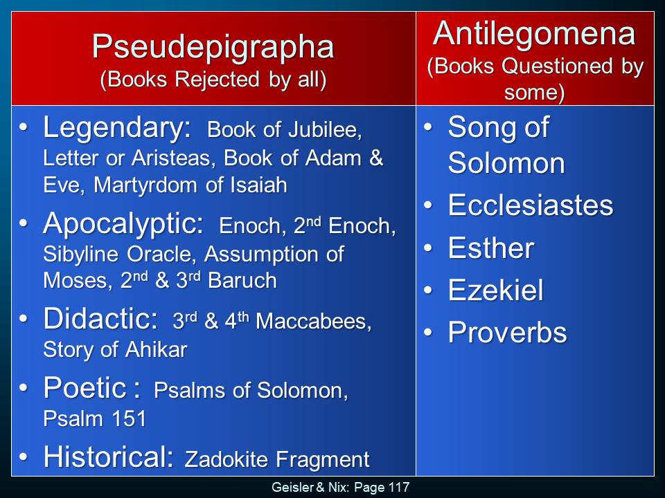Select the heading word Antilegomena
[x=534, y=34]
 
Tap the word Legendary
[x=116, y=129]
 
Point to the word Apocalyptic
[x=123, y=224]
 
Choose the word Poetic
[x=85, y=387]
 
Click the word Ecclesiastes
[x=531, y=205]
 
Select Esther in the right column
[x=491, y=248]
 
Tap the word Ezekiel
[x=495, y=290]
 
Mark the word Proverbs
[x=507, y=332]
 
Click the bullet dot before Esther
[x=428, y=248]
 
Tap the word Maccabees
[x=313, y=322]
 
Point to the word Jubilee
[x=325, y=130]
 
